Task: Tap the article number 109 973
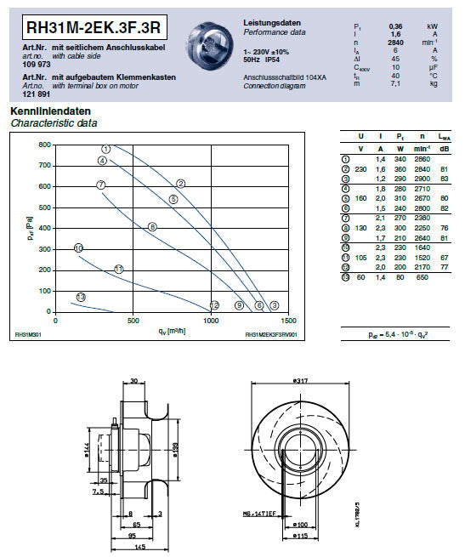pyautogui.click(x=26, y=64)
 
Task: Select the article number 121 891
pyautogui.click(x=26, y=94)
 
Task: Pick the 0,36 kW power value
pyautogui.click(x=395, y=26)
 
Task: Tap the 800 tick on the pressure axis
pyautogui.click(x=43, y=145)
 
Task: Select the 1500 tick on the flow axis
pyautogui.click(x=289, y=321)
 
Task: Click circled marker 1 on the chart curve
pyautogui.click(x=105, y=149)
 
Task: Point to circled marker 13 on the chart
pyautogui.click(x=81, y=297)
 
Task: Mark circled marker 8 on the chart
pyautogui.click(x=152, y=226)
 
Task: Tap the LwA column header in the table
pyautogui.click(x=445, y=137)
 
